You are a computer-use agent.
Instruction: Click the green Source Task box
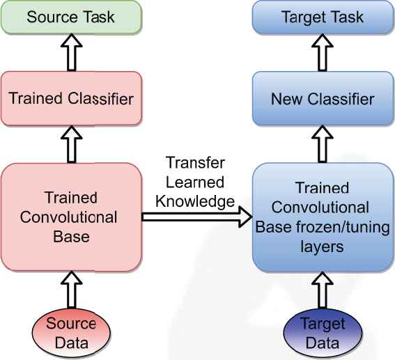click(x=72, y=17)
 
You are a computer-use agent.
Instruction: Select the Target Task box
click(x=323, y=17)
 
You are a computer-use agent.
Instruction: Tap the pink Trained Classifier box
click(x=72, y=98)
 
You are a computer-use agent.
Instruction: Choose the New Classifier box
click(x=323, y=98)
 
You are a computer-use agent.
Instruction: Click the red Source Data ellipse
click(x=72, y=333)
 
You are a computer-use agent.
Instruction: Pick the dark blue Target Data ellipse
click(x=323, y=333)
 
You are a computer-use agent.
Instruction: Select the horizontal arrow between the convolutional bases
click(x=197, y=217)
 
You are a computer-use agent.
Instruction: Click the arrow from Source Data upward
click(x=72, y=290)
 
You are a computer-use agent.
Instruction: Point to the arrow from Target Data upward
click(x=323, y=290)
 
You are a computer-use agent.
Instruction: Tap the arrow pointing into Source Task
click(x=72, y=53)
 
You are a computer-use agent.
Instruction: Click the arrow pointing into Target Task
click(x=323, y=53)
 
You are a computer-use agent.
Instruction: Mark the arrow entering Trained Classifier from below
click(x=72, y=144)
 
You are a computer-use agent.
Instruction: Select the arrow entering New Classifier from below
click(x=323, y=144)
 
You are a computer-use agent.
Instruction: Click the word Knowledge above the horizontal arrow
click(x=195, y=202)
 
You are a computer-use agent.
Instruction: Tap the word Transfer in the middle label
click(x=195, y=163)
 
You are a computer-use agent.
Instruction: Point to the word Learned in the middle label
click(x=195, y=182)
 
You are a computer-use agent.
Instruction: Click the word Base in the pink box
click(x=71, y=237)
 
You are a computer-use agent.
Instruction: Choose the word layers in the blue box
click(x=322, y=247)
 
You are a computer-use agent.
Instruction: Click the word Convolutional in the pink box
click(x=68, y=217)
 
